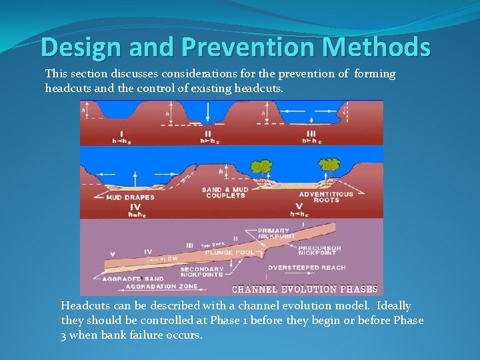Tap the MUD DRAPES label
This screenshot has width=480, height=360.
coord(130,197)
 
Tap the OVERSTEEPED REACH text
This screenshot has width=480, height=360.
coord(307,267)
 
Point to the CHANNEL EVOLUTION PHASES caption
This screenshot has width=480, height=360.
coord(304,289)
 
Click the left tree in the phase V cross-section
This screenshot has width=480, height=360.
coord(263,167)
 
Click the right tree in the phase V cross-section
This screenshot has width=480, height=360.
coord(329,164)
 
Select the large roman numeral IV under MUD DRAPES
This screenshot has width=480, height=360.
coord(135,207)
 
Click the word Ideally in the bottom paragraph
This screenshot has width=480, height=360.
coord(394,305)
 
